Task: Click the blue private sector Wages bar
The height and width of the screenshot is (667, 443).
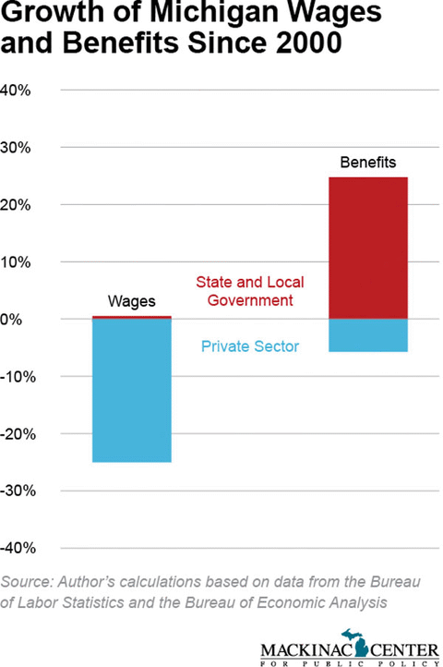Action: point(132,390)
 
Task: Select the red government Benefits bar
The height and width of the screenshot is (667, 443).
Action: point(367,248)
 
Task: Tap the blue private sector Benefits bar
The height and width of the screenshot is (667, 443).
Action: point(367,335)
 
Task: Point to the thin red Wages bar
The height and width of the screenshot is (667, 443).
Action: point(132,317)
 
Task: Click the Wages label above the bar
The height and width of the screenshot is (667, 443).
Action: point(132,301)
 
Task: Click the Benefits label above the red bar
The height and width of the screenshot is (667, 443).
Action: point(367,163)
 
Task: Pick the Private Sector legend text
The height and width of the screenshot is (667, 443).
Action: point(250,346)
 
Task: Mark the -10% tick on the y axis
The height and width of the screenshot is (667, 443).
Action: point(18,376)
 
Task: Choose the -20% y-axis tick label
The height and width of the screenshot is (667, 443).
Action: point(18,433)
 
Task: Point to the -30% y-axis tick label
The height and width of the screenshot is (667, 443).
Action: point(18,491)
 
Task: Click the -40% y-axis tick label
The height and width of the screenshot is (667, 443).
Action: point(18,548)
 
